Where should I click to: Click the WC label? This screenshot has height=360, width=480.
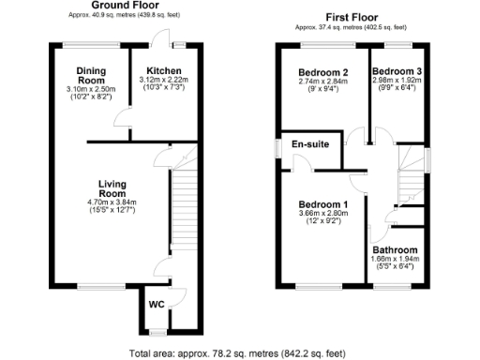pyautogui.click(x=157, y=304)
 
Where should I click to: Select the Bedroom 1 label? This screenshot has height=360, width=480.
pyautogui.click(x=323, y=204)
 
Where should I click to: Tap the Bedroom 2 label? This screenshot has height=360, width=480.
pyautogui.click(x=323, y=72)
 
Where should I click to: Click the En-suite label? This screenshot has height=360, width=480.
pyautogui.click(x=309, y=145)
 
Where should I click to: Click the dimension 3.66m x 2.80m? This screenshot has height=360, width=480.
pyautogui.click(x=323, y=215)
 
